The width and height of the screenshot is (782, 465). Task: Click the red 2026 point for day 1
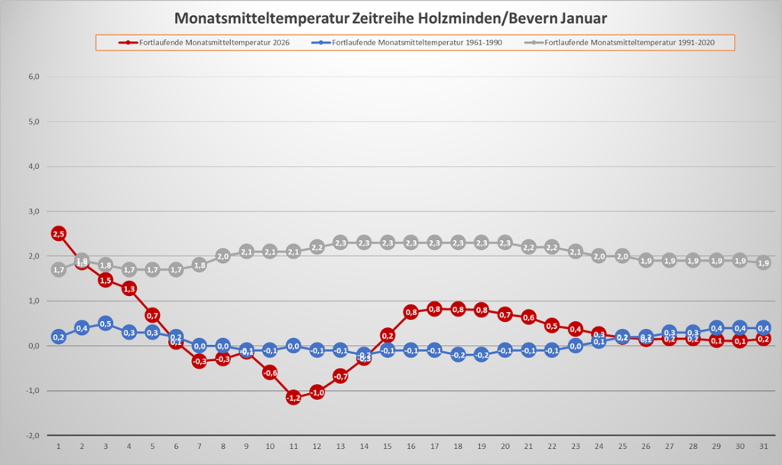click(x=59, y=233)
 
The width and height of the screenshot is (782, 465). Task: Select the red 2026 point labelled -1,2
click(x=294, y=398)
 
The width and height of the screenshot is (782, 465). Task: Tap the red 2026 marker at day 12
click(x=317, y=392)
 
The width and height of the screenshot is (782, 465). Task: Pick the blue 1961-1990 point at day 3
click(x=105, y=324)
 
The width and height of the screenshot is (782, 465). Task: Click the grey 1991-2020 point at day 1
click(x=59, y=269)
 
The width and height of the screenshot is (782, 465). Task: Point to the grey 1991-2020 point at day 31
click(x=763, y=262)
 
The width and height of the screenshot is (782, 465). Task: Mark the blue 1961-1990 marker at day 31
click(x=763, y=328)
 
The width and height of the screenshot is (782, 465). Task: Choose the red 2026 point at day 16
click(x=410, y=311)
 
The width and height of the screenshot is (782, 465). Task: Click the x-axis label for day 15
click(x=388, y=446)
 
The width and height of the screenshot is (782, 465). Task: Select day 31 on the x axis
click(x=763, y=446)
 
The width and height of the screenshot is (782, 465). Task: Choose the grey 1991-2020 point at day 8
click(x=223, y=256)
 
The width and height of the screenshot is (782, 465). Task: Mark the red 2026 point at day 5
click(x=153, y=315)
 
